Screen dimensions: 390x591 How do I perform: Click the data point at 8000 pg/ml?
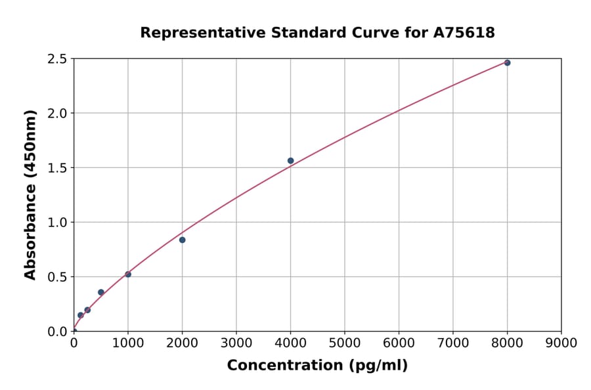(507, 63)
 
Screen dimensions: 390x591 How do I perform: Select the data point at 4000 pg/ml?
(290, 161)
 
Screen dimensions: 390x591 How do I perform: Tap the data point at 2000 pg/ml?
(182, 240)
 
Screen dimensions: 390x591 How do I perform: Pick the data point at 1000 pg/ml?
(128, 274)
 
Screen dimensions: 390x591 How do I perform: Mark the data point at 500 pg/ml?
(101, 292)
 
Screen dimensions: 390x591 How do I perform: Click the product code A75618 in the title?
(465, 33)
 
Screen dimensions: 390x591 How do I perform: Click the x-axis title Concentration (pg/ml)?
(317, 366)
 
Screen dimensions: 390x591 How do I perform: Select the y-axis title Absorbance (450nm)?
(30, 194)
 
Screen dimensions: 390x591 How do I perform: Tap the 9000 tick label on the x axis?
(561, 343)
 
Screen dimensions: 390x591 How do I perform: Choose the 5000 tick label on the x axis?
(345, 343)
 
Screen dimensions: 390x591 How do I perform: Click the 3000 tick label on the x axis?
(236, 343)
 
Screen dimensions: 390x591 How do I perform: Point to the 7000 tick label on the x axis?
(453, 343)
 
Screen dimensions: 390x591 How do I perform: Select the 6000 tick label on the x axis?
(399, 343)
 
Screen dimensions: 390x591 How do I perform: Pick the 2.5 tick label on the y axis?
(57, 59)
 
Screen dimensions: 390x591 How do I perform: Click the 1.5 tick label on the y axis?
(57, 168)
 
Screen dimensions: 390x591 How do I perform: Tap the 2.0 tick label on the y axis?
(57, 114)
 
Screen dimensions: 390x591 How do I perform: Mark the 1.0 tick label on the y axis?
(57, 223)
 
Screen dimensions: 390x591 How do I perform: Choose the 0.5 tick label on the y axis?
(57, 277)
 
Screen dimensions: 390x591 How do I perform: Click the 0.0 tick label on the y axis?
(57, 332)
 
